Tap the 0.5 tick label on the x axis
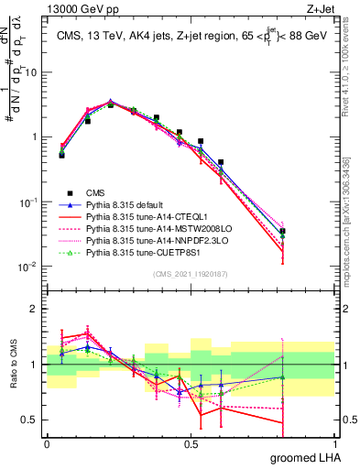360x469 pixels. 191,442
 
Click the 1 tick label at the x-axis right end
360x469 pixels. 338,442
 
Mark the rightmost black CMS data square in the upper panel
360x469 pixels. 309,231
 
